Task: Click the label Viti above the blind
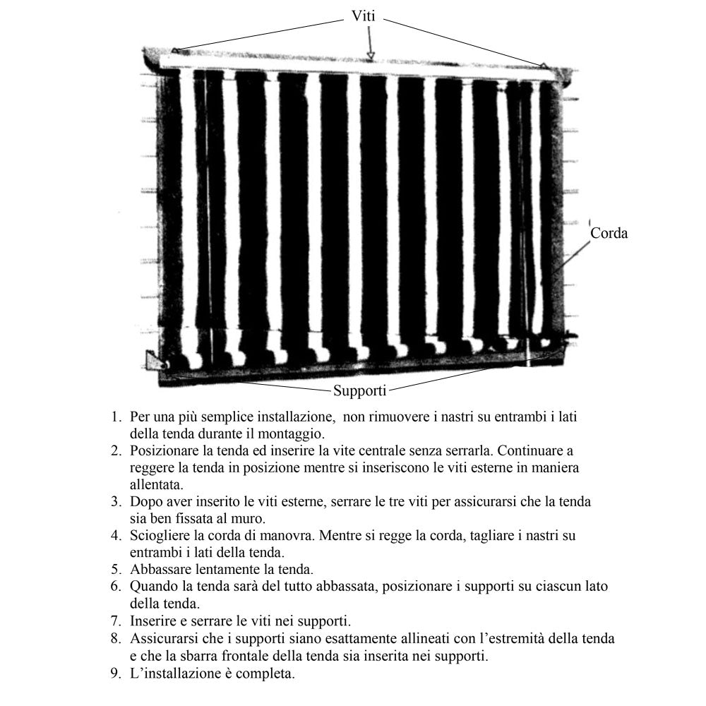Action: [x=365, y=16]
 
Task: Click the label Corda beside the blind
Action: [x=608, y=232]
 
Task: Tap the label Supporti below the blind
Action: [x=360, y=390]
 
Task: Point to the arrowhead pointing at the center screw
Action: [x=370, y=55]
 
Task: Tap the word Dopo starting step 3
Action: [x=145, y=501]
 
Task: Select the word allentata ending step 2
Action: [x=156, y=484]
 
